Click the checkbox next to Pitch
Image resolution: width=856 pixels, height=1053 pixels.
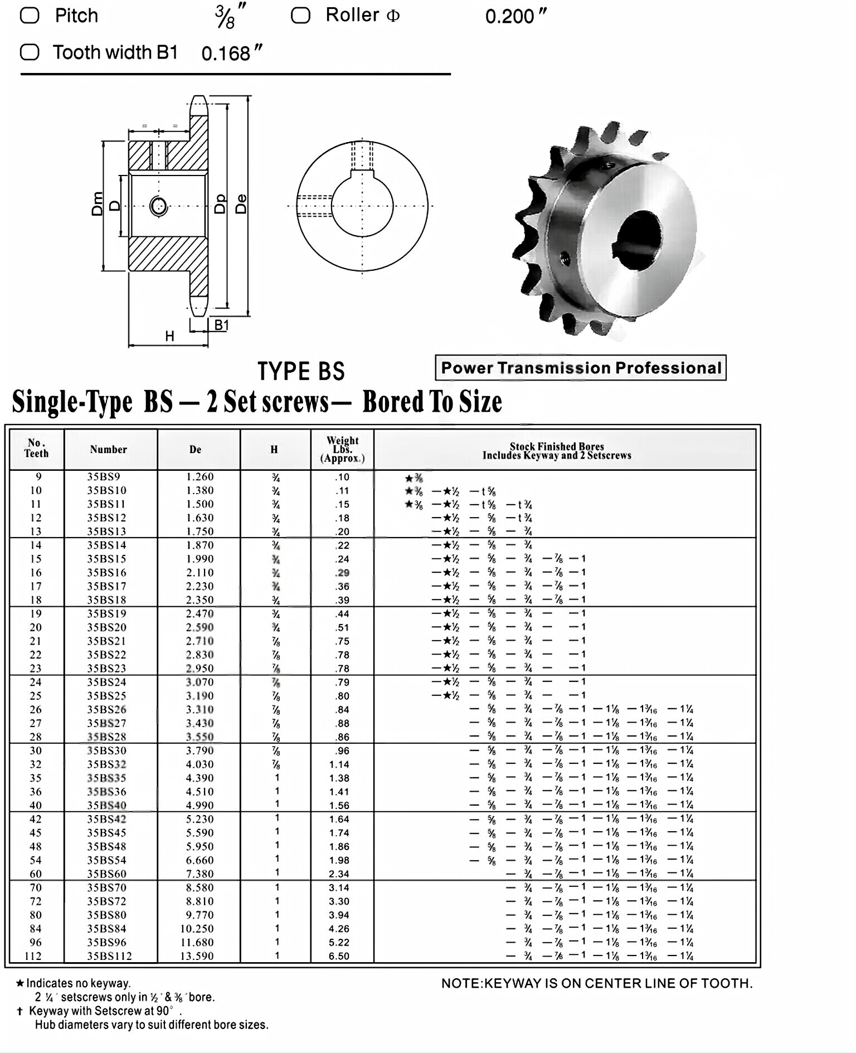pyautogui.click(x=30, y=16)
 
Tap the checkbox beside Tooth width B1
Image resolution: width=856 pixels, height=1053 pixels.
pyautogui.click(x=30, y=52)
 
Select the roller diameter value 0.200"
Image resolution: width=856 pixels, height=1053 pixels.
pyautogui.click(x=515, y=17)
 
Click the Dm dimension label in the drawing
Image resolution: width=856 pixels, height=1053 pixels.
pyautogui.click(x=98, y=203)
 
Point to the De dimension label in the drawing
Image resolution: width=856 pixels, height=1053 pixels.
pyautogui.click(x=241, y=204)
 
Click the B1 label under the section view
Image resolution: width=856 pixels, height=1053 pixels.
pyautogui.click(x=221, y=325)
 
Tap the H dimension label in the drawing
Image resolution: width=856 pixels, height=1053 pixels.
pyautogui.click(x=169, y=336)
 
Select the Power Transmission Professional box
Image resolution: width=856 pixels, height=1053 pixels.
pyautogui.click(x=581, y=368)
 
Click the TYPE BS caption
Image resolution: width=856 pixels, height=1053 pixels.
pyautogui.click(x=301, y=372)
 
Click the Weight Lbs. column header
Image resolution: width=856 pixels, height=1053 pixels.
pyautogui.click(x=342, y=449)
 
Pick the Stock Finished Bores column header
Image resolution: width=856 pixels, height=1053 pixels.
pyautogui.click(x=556, y=451)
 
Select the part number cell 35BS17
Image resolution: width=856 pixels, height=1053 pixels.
pyautogui.click(x=106, y=586)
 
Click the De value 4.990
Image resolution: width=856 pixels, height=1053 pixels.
pyautogui.click(x=200, y=805)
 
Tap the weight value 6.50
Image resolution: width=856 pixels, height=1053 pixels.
pyautogui.click(x=339, y=956)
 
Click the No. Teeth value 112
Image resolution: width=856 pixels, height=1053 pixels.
pyautogui.click(x=36, y=956)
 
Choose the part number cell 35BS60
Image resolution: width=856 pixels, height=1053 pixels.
pyautogui.click(x=106, y=874)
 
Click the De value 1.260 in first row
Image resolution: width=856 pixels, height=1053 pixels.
pyautogui.click(x=200, y=477)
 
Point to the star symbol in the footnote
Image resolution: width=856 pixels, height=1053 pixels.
pyautogui.click(x=20, y=983)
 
